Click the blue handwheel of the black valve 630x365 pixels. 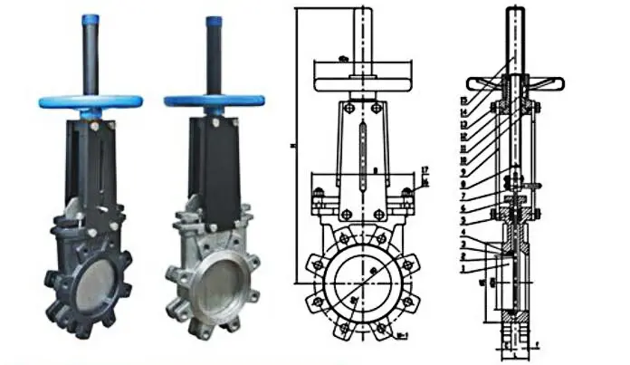(86, 101)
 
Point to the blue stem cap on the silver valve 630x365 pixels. (214, 20)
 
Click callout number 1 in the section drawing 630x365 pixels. (463, 269)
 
